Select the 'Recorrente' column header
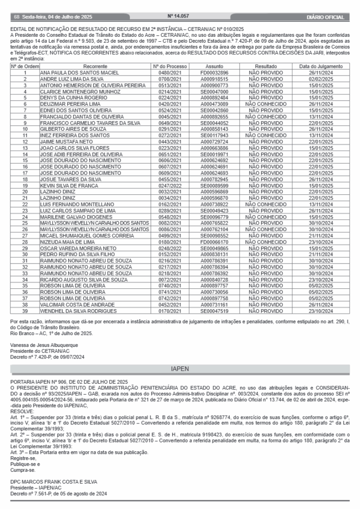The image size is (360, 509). (x=94, y=66)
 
